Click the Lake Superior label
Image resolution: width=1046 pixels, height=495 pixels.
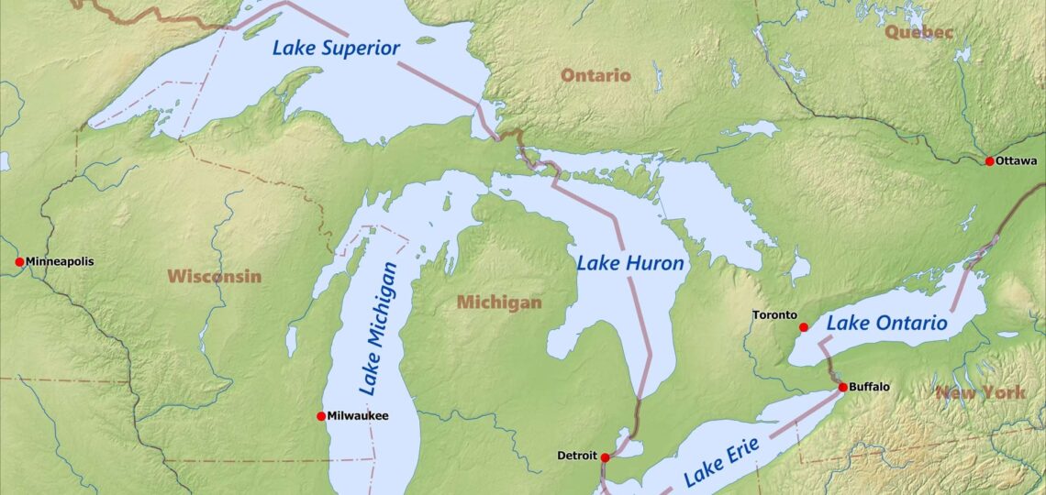point(336,47)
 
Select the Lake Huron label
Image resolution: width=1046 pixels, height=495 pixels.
point(630,264)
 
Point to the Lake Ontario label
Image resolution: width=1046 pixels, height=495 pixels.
point(886,323)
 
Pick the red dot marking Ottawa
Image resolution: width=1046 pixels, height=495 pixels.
point(989,161)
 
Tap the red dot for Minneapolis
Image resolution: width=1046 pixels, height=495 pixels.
point(19,262)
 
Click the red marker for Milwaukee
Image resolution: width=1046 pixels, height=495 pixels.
point(321,416)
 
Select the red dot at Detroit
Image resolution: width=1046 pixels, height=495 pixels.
point(605,456)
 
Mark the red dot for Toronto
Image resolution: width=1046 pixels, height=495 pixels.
point(804,327)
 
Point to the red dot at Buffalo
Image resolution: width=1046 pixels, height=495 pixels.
point(842,388)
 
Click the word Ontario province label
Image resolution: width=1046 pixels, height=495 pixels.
point(595,75)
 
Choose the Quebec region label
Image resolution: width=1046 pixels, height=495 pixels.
point(918,32)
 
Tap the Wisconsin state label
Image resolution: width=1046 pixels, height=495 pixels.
point(214,276)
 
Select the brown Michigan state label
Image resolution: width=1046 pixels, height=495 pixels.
point(499,302)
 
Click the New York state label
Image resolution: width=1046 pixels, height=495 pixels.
point(980,392)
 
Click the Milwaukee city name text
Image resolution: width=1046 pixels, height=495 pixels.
point(359,416)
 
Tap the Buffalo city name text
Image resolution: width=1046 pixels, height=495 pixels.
point(869,388)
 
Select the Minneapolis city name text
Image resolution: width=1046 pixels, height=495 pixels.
point(60,262)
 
